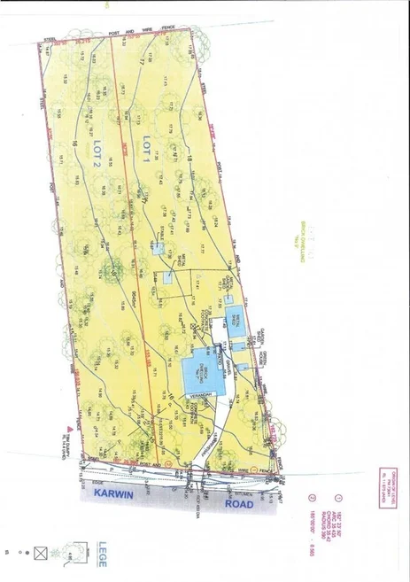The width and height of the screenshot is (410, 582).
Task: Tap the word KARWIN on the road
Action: [x=116, y=496]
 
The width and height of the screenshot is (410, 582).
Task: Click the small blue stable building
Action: [x=157, y=251]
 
